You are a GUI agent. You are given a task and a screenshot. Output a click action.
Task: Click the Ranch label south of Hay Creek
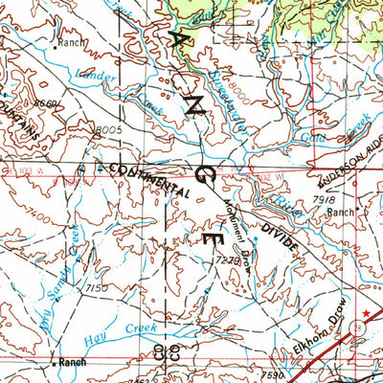point(71,363)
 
